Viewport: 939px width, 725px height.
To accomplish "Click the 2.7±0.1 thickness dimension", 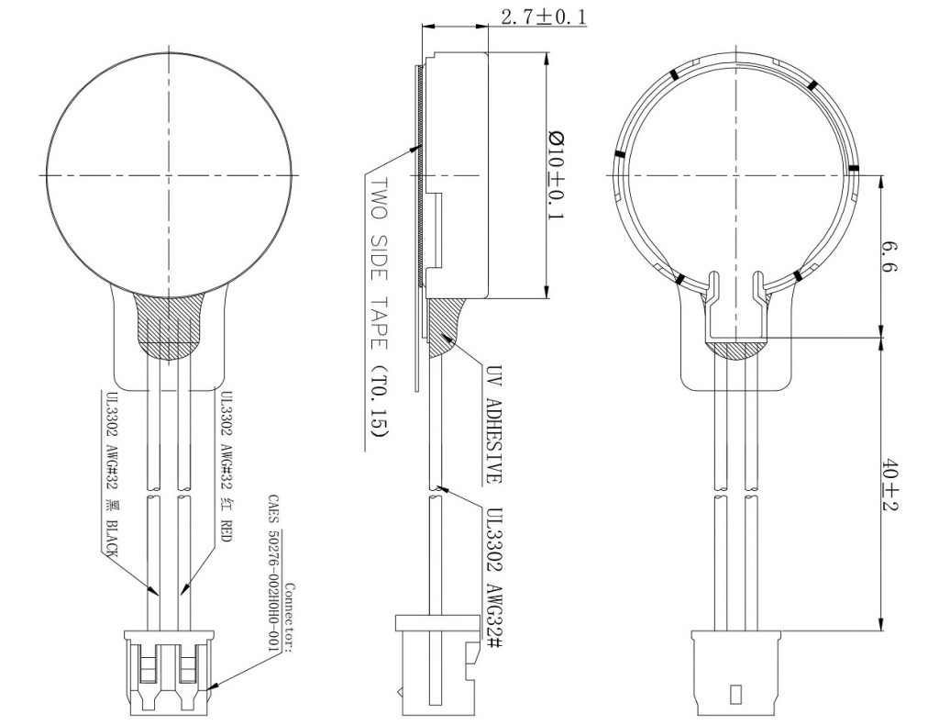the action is click(543, 17).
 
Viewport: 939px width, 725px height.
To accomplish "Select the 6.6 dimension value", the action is click(891, 256).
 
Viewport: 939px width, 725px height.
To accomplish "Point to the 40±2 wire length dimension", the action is click(891, 485).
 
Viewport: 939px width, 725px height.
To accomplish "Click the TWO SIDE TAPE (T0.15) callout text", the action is click(379, 307).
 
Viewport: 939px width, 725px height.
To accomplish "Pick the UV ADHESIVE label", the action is click(493, 424).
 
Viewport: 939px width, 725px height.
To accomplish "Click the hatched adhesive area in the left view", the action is click(170, 327).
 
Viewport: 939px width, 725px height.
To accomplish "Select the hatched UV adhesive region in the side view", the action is click(445, 327).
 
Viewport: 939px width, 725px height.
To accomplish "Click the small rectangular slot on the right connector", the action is click(736, 695).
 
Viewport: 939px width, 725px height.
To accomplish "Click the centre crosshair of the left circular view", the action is click(170, 175).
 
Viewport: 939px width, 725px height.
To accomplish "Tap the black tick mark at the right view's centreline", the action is click(854, 168).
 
